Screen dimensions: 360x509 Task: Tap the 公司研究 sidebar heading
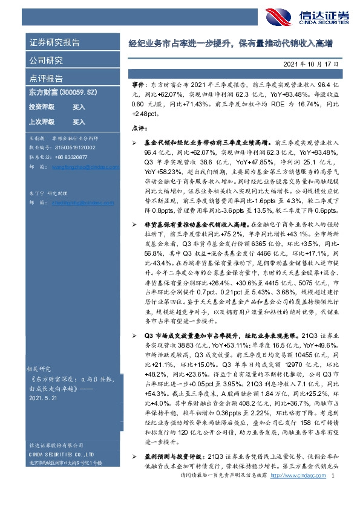pos(46,60)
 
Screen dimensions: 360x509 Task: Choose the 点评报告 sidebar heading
pos(46,79)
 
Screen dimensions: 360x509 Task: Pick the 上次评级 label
pos(42,122)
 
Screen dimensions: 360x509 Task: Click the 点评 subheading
pos(139,128)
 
